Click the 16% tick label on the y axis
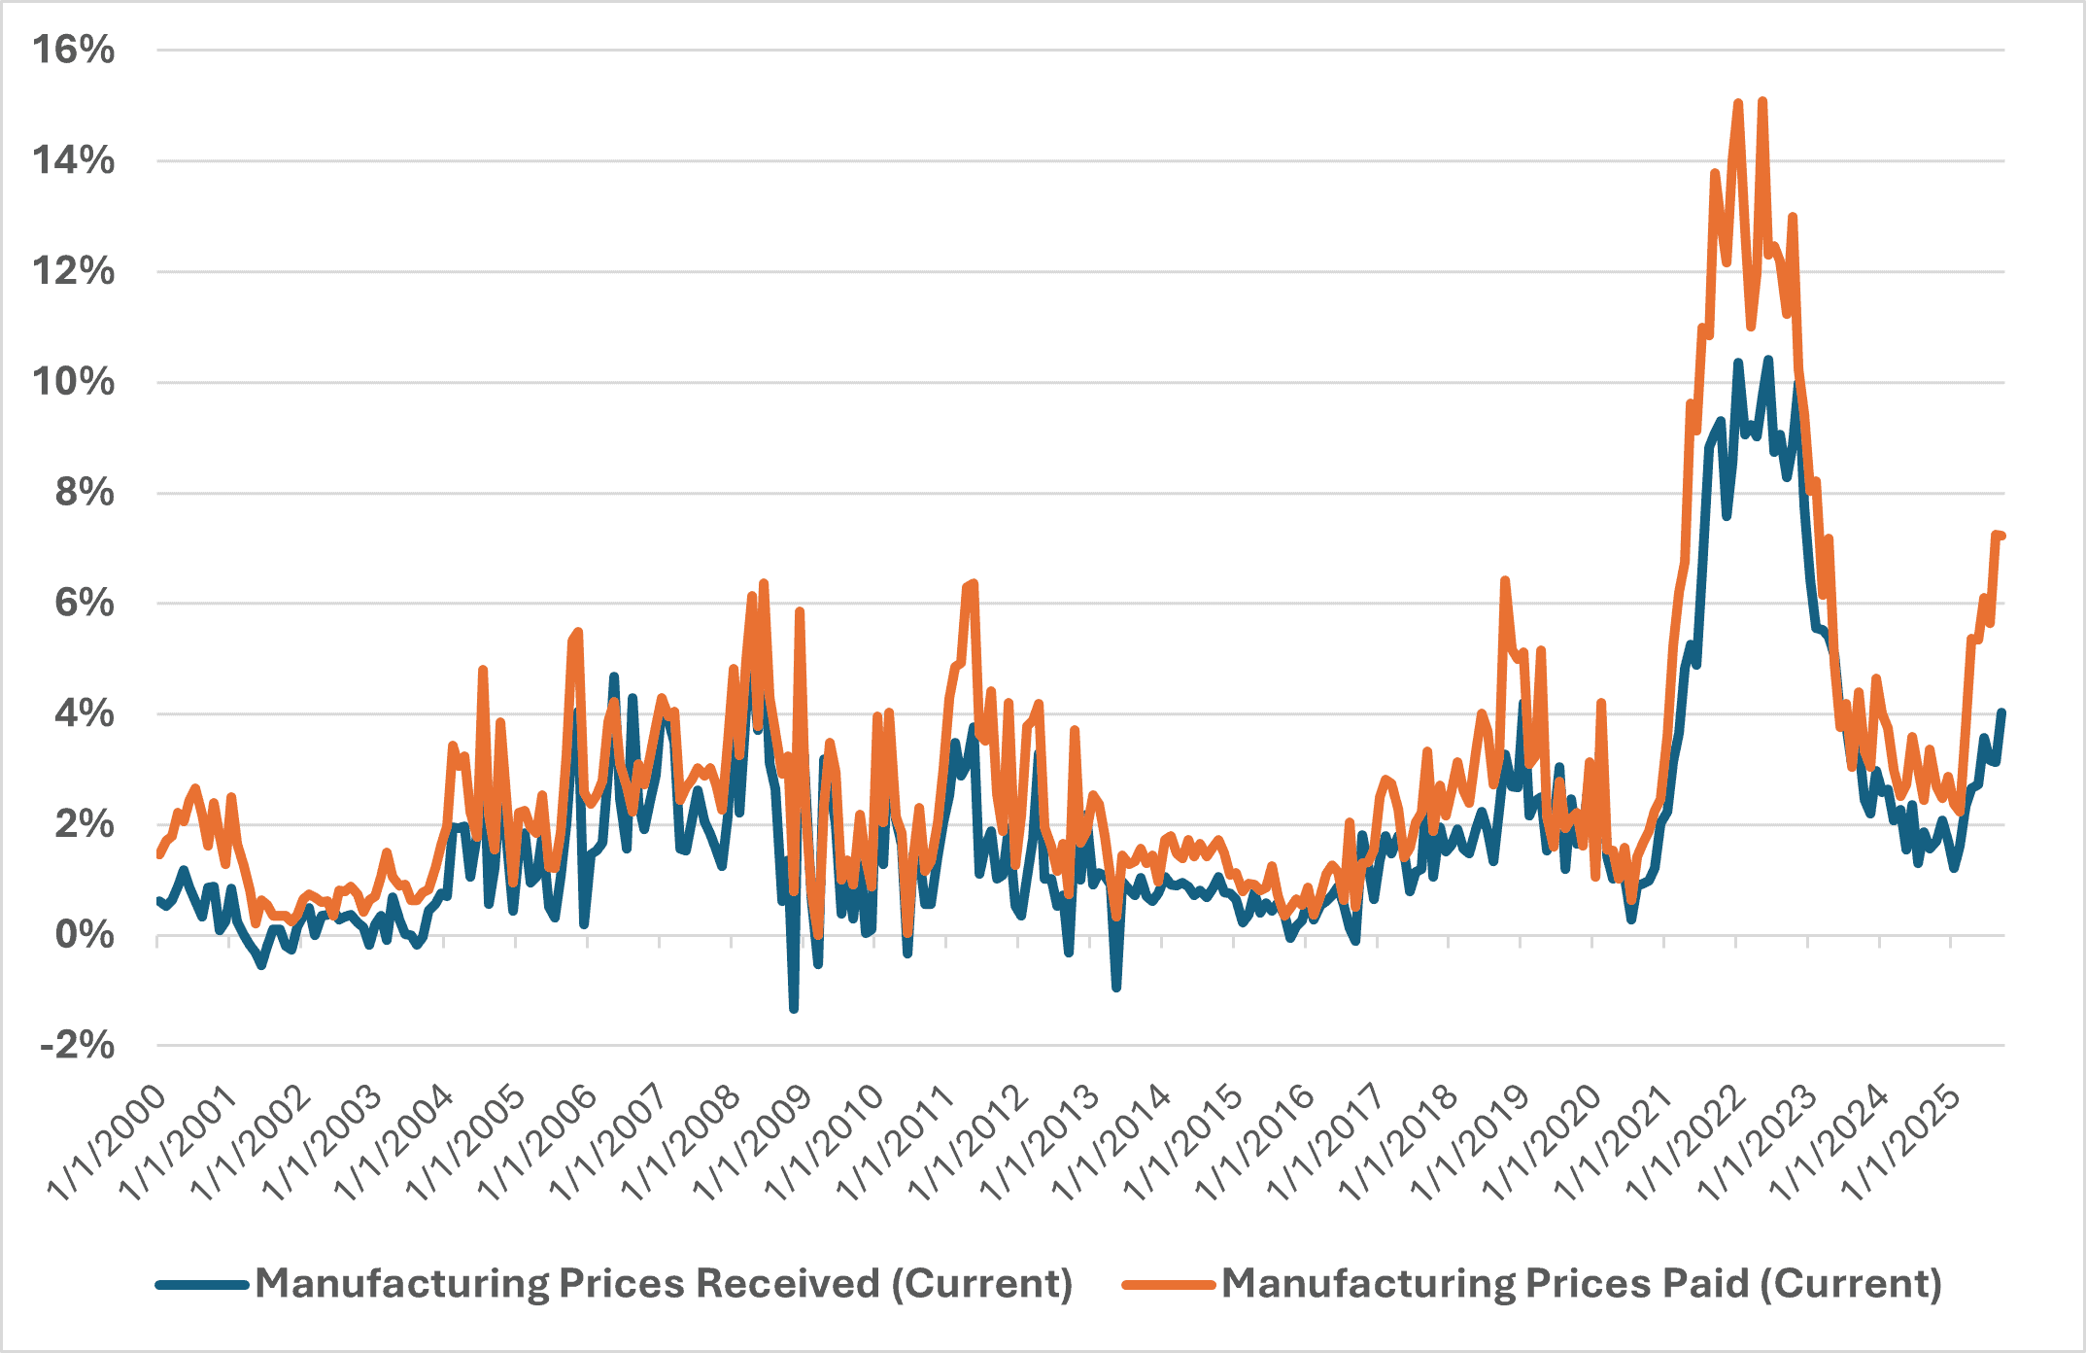74,50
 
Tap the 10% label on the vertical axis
74,382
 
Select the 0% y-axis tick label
85,935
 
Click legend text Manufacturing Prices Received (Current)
664,1284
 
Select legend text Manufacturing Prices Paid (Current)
1581,1284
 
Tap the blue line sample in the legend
202,1285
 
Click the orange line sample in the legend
1168,1285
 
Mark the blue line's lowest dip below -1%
794,1009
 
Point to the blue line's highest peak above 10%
1768,360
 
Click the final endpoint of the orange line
2002,537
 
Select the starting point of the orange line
158,854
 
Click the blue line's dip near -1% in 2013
1116,988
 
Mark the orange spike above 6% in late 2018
1504,580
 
